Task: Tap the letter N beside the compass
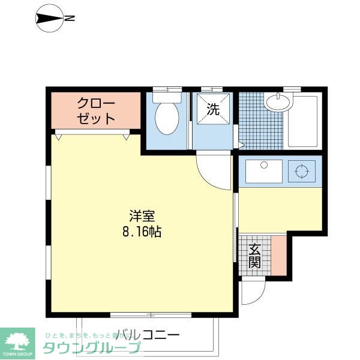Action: pos(70,19)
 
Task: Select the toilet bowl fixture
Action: pos(167,118)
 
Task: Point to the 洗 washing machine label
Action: pos(213,109)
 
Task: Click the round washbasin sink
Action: pos(277,103)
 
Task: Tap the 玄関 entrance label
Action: pos(254,256)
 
